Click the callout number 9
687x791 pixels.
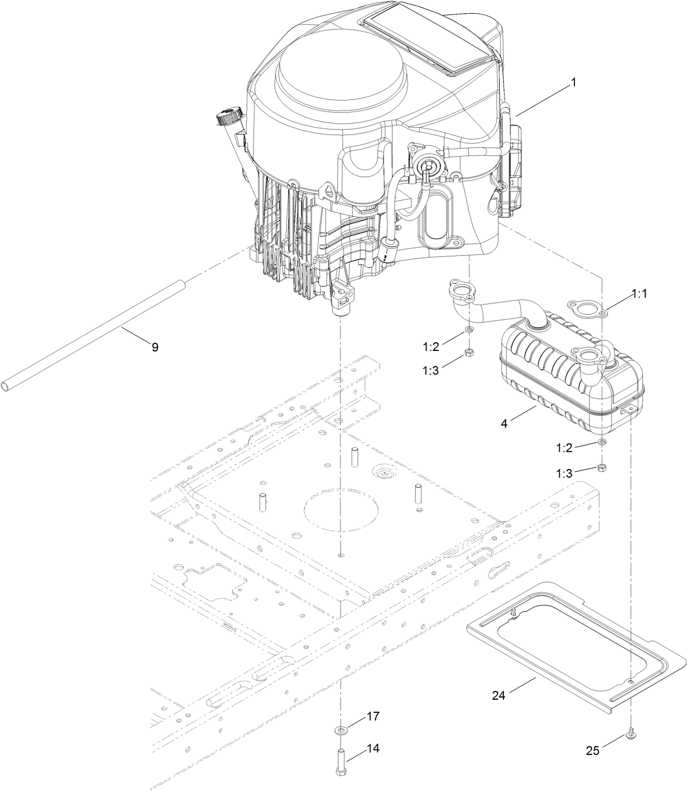pyautogui.click(x=155, y=347)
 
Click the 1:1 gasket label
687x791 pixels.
pyautogui.click(x=639, y=294)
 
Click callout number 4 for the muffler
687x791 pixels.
pyautogui.click(x=505, y=423)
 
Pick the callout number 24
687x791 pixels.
pyautogui.click(x=499, y=695)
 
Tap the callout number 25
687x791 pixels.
pyautogui.click(x=593, y=751)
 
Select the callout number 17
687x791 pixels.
pyautogui.click(x=372, y=716)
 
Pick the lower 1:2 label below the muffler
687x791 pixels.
pyautogui.click(x=565, y=448)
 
